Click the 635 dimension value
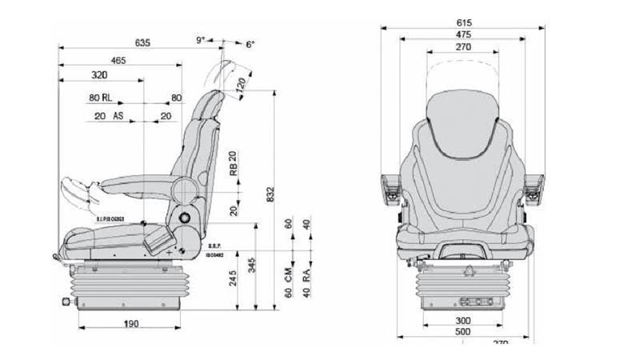[142, 42]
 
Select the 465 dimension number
[118, 60]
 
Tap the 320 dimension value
[99, 75]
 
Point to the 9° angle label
[200, 39]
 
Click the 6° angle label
[250, 45]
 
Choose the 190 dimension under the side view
[132, 324]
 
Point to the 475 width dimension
[463, 35]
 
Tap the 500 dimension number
[463, 332]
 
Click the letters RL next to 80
[108, 99]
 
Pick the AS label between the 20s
[118, 116]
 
